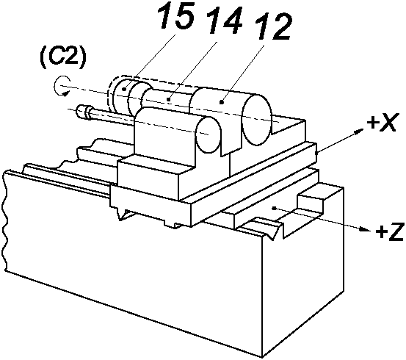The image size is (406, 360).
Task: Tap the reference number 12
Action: point(274,26)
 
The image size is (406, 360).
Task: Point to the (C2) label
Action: point(62,58)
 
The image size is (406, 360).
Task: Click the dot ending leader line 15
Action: point(124,89)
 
